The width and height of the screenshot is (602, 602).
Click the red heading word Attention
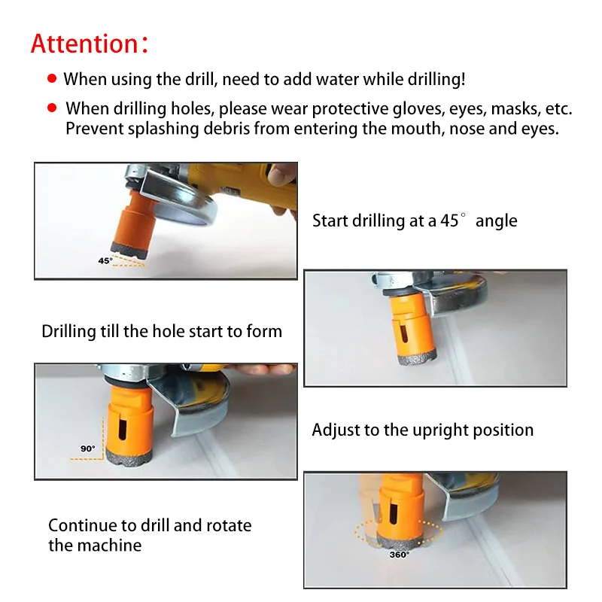83,43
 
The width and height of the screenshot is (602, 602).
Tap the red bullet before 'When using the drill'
51,78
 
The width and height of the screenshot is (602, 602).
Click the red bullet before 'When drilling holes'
51,108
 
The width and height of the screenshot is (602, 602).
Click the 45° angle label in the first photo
105,260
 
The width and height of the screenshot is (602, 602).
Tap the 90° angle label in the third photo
88,448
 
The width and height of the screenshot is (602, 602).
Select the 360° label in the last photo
400,555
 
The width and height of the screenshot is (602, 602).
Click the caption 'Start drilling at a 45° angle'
415,221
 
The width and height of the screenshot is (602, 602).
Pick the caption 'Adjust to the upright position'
423,430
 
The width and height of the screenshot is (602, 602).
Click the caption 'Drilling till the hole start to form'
162,331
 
